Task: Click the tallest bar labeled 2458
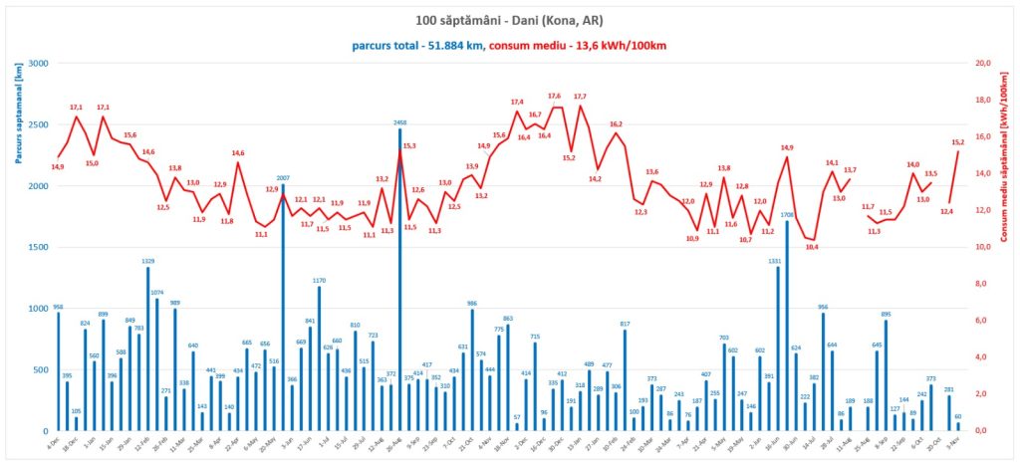pyautogui.click(x=400, y=279)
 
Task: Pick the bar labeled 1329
pyautogui.click(x=148, y=349)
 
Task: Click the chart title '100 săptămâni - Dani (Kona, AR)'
pyautogui.click(x=510, y=20)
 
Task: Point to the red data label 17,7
pyautogui.click(x=580, y=97)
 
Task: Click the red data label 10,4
pyautogui.click(x=811, y=247)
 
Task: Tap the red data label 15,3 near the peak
pyautogui.click(x=409, y=146)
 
